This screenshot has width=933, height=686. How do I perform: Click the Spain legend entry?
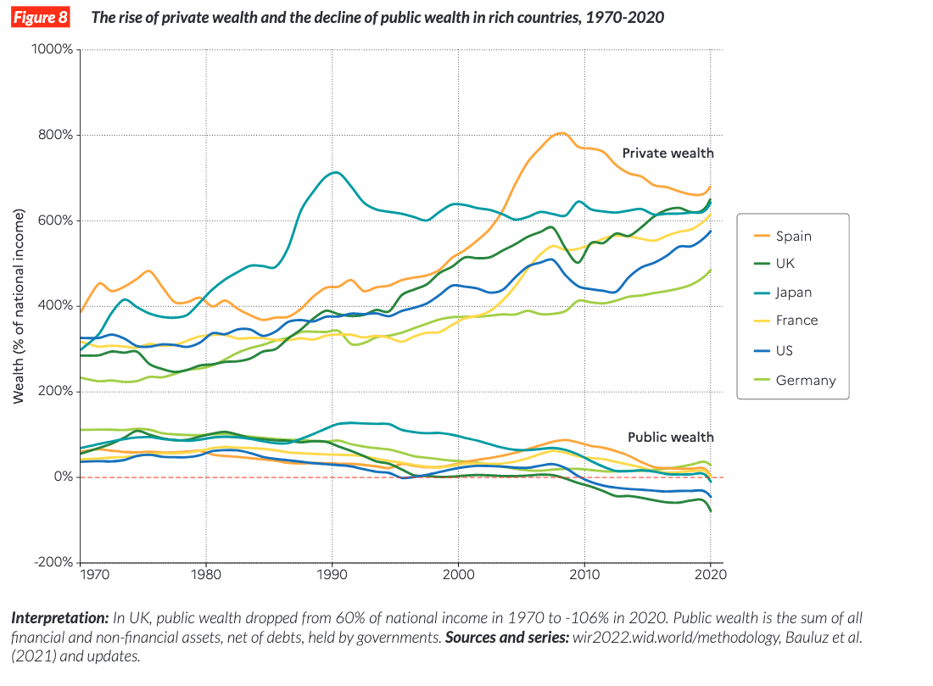pyautogui.click(x=793, y=237)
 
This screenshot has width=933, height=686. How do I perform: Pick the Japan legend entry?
pyautogui.click(x=794, y=292)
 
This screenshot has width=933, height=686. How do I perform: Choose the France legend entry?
pyautogui.click(x=796, y=320)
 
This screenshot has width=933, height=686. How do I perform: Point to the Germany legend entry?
pyautogui.click(x=805, y=380)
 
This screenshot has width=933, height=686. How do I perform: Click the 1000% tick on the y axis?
pyautogui.click(x=53, y=50)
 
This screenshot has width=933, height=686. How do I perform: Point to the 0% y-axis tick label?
pyautogui.click(x=62, y=477)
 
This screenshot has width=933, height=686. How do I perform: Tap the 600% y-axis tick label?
pyautogui.click(x=56, y=221)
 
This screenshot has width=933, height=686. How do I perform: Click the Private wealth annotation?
pyautogui.click(x=668, y=153)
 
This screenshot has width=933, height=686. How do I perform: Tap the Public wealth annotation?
pyautogui.click(x=670, y=437)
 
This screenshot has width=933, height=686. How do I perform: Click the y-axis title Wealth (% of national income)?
pyautogui.click(x=18, y=305)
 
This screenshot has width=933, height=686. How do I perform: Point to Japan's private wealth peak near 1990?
pyautogui.click(x=336, y=172)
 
